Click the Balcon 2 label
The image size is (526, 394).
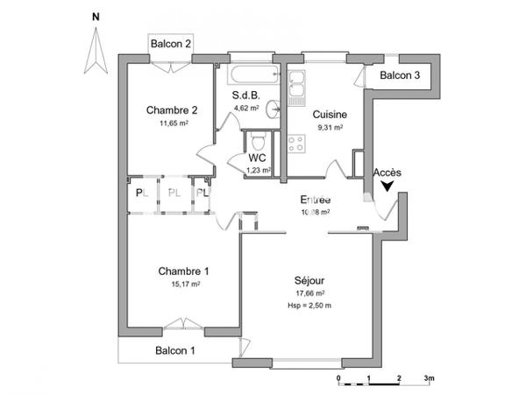tap(171, 44)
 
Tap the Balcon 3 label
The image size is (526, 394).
tap(400, 76)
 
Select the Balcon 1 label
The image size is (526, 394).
tap(175, 350)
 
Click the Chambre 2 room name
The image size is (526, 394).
tap(172, 110)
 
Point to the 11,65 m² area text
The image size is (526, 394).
tap(174, 123)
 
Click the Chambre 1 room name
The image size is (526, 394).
tap(184, 271)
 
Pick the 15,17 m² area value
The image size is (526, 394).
tap(186, 284)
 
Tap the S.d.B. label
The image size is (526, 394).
tap(246, 95)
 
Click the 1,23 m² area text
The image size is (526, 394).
tap(258, 171)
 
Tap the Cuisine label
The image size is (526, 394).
tap(330, 114)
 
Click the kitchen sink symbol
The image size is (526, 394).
tap(296, 84)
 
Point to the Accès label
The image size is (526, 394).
tap(387, 172)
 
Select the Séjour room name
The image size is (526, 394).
tap(310, 280)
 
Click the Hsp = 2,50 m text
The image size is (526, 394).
tap(310, 305)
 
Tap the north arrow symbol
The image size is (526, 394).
tap(95, 51)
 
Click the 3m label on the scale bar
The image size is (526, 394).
tap(429, 377)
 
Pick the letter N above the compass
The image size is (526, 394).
tap(96, 17)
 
